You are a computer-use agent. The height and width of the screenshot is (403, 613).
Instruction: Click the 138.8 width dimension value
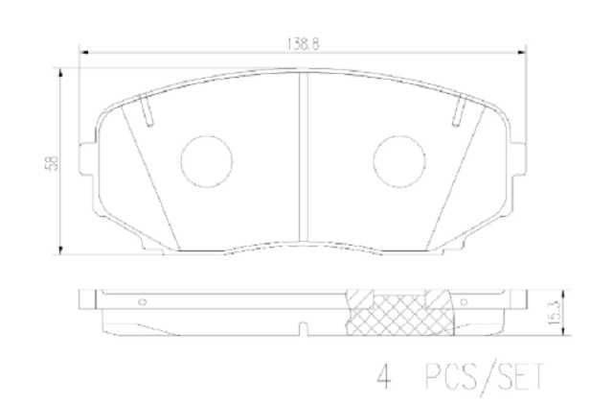[x=303, y=44]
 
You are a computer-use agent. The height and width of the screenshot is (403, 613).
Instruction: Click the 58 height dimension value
[x=52, y=162]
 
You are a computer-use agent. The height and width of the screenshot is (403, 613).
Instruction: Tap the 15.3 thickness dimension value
[x=554, y=313]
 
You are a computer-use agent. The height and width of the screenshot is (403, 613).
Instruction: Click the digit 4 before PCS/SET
[x=384, y=376]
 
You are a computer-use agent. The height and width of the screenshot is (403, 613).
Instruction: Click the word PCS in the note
[x=451, y=376]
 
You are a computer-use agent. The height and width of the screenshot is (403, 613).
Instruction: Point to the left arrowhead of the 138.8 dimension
[x=84, y=52]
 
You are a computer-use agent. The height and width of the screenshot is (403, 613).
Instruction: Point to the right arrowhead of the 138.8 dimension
[x=521, y=52]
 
